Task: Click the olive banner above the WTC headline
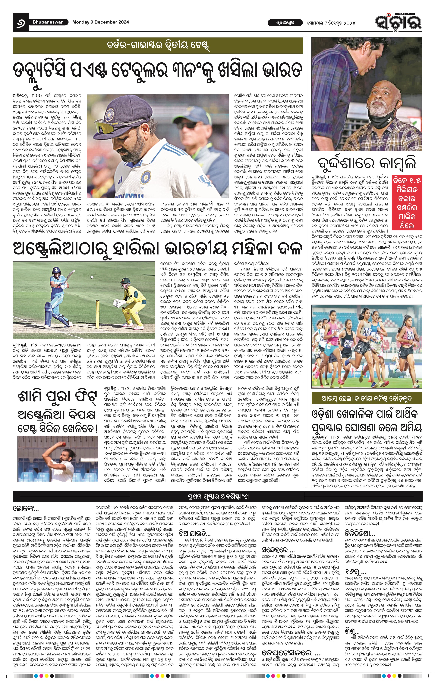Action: pos(157,46)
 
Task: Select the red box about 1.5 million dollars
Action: pos(407,203)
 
